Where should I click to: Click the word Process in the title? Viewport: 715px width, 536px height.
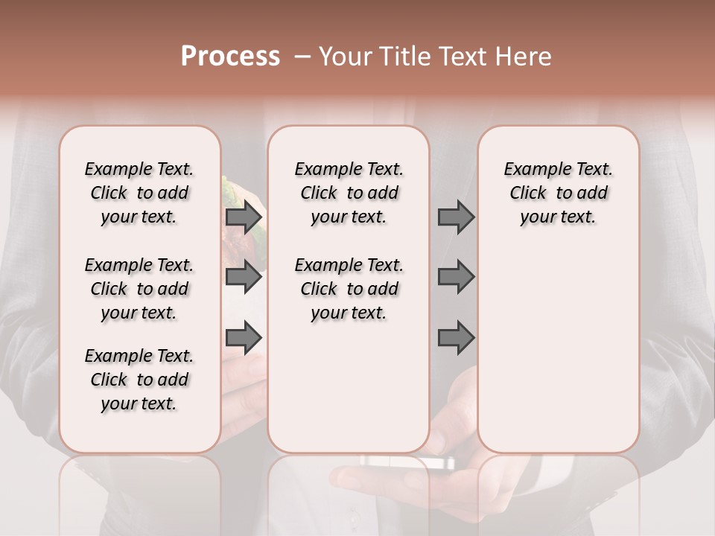point(230,57)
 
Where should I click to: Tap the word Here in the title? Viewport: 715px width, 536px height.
point(525,57)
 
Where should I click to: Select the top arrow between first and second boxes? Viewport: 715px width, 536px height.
point(244,217)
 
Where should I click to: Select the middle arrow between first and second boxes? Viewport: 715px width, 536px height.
point(244,278)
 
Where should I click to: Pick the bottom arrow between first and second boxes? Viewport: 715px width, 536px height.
point(244,338)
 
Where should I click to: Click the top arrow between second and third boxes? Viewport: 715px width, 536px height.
point(456,217)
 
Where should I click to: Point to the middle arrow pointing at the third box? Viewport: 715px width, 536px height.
point(456,278)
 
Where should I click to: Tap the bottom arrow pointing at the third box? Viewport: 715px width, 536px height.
point(456,338)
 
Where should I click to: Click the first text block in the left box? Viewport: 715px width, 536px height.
point(139,193)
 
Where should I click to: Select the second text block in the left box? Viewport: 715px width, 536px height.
point(139,289)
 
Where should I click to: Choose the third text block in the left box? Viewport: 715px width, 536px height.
point(139,380)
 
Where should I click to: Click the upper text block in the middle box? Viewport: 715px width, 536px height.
point(349,193)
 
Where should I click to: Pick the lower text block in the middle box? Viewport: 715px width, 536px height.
point(349,289)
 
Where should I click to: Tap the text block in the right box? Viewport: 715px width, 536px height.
point(558,193)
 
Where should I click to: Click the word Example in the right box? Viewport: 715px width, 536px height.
point(533,170)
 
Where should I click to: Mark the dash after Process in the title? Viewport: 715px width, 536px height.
point(301,57)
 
